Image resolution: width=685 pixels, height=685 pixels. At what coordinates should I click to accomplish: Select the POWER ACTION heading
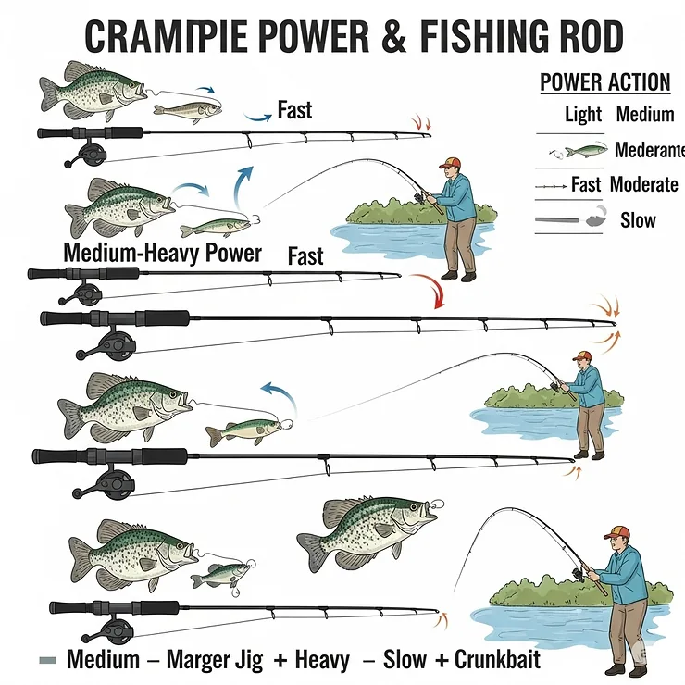(604, 81)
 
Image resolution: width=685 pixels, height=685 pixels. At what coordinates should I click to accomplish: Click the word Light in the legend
(583, 116)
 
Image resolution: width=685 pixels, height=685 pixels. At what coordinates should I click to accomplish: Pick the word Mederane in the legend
(649, 150)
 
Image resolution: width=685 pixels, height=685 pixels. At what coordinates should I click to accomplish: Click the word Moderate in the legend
(643, 184)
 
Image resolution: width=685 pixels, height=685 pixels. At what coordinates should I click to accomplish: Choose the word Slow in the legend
(638, 219)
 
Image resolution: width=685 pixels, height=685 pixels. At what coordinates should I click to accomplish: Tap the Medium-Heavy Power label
(162, 253)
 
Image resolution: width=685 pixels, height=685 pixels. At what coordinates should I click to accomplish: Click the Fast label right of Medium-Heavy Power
(305, 255)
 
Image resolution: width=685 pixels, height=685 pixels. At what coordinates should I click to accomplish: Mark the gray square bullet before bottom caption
(49, 661)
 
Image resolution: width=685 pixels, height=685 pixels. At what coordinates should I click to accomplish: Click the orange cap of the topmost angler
(450, 162)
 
